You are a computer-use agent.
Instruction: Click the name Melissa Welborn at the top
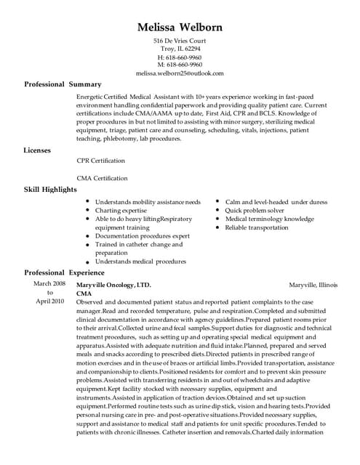tap(180, 27)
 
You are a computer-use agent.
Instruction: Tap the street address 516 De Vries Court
tap(180, 41)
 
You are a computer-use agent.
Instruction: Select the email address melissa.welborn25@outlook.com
tap(180, 73)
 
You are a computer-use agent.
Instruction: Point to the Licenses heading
tap(38, 150)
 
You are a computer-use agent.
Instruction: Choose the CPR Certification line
tap(100, 161)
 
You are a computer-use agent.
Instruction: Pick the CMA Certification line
tap(101, 178)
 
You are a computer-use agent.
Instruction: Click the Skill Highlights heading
tap(51, 190)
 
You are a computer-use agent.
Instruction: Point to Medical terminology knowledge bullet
tap(269, 219)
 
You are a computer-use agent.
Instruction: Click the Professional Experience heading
tap(65, 272)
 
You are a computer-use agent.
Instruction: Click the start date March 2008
tap(49, 283)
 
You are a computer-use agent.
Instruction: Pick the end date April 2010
tap(49, 301)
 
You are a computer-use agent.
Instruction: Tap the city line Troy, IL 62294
tap(180, 49)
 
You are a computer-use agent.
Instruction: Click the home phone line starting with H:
tap(180, 57)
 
